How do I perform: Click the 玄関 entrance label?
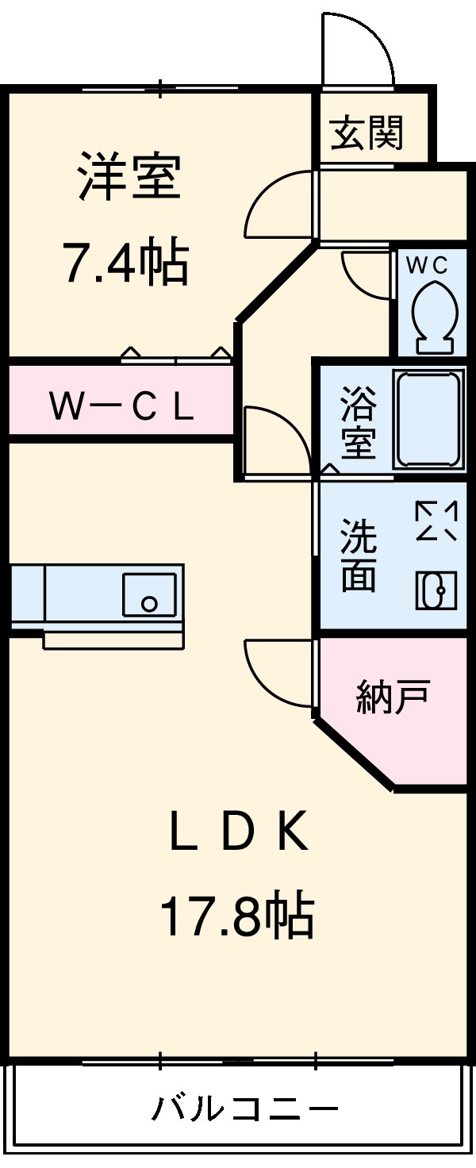(x=367, y=133)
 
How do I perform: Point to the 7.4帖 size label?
(x=125, y=263)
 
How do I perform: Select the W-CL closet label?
(x=121, y=407)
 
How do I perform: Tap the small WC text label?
(x=428, y=266)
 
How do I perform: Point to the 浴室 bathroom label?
(x=358, y=421)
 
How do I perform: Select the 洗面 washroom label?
(x=358, y=555)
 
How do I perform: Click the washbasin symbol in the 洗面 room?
(x=436, y=590)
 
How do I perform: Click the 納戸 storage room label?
(x=393, y=697)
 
